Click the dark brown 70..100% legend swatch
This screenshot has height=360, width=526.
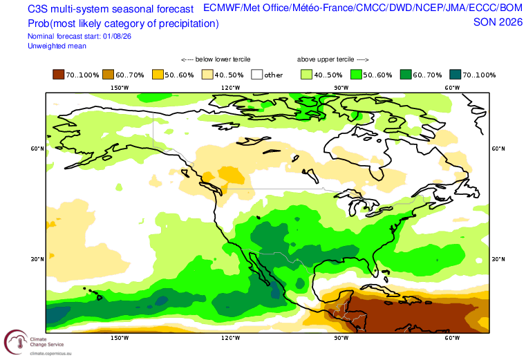pyautogui.click(x=58, y=75)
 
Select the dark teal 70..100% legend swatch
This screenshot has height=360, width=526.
pyautogui.click(x=455, y=75)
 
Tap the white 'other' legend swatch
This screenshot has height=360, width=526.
pyautogui.click(x=256, y=75)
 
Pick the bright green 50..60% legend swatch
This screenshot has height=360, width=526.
pyautogui.click(x=356, y=75)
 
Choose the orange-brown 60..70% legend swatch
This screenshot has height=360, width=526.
pyautogui.click(x=108, y=75)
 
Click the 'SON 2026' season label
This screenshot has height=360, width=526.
pyautogui.click(x=498, y=22)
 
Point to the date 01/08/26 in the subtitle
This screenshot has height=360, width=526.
pyautogui.click(x=117, y=36)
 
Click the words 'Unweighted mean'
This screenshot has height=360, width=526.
pyautogui.click(x=57, y=46)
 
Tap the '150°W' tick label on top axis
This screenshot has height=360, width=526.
pyautogui.click(x=120, y=88)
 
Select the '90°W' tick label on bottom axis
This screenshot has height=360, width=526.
pyautogui.click(x=341, y=338)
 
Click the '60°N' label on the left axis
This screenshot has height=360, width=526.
pyautogui.click(x=37, y=149)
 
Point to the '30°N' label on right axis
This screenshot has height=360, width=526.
pyautogui.click(x=498, y=259)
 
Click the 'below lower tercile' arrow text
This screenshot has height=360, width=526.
pyautogui.click(x=216, y=59)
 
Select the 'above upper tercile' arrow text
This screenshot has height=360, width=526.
pyautogui.click(x=332, y=59)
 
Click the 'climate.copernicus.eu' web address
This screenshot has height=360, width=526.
pyautogui.click(x=50, y=353)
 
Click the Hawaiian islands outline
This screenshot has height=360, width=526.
pyautogui.click(x=93, y=293)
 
